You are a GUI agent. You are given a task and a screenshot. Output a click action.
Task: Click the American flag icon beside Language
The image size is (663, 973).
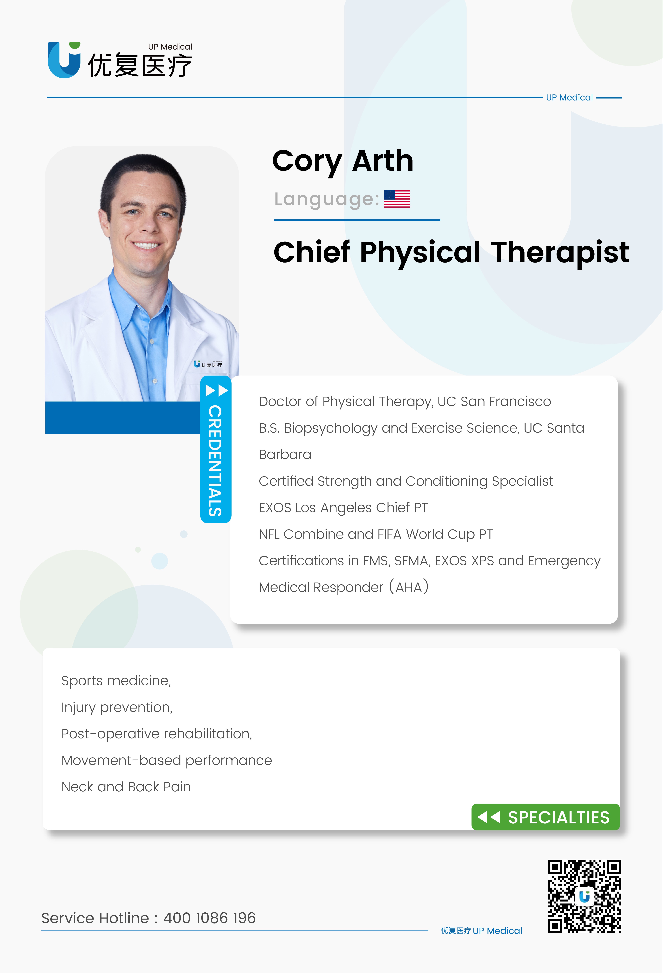397,199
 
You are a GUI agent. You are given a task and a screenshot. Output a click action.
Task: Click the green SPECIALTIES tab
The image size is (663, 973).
545,817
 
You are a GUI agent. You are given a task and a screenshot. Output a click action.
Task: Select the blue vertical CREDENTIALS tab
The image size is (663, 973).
216,449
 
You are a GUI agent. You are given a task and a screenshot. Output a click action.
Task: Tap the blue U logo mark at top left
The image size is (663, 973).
64,60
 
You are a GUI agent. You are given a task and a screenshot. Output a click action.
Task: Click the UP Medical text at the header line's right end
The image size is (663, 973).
569,98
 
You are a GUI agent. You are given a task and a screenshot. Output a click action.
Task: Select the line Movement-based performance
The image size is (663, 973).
166,760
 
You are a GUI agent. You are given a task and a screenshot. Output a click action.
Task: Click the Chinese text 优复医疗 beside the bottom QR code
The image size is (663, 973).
456,931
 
